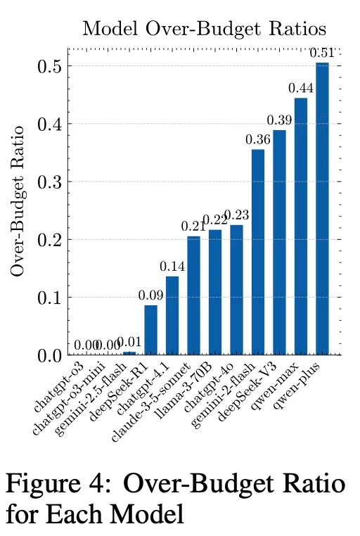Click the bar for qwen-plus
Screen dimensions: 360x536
[322, 209]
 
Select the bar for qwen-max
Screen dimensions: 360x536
[300, 226]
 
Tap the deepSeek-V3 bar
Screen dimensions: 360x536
[279, 243]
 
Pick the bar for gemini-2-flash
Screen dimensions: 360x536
[258, 253]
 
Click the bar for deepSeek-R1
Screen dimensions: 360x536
[151, 330]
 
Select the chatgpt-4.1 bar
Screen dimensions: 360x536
[172, 316]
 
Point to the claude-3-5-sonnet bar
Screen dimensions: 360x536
[193, 295]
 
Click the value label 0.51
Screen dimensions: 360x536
[322, 53]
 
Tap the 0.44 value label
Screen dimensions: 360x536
[301, 88]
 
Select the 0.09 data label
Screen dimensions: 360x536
[151, 295]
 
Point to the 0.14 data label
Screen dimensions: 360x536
[172, 267]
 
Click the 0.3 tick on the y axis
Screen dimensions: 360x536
[50, 182]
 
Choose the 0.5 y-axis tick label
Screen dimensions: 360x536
[50, 66]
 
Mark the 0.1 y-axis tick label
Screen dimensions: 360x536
[50, 298]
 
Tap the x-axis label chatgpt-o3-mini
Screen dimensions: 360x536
[67, 400]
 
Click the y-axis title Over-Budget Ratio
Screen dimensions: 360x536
[17, 201]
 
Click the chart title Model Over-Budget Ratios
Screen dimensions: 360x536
[204, 29]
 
